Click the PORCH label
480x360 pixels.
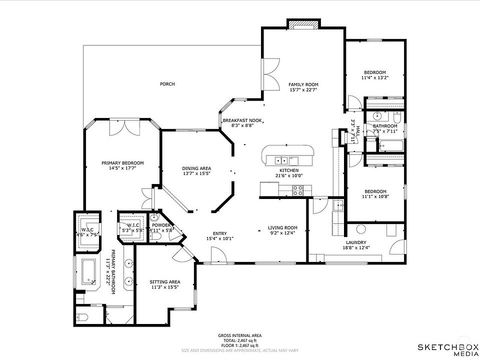point(167,84)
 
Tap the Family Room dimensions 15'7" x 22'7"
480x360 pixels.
point(303,90)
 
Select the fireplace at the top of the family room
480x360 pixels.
point(303,24)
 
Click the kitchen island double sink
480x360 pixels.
point(281,160)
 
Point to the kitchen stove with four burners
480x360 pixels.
point(298,190)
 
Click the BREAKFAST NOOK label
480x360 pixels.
point(242,120)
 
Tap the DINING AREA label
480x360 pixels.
point(196,168)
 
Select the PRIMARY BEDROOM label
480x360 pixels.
point(122,163)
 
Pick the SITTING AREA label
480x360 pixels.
point(164,282)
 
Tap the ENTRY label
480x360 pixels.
point(220,233)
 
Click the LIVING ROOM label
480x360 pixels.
point(282,228)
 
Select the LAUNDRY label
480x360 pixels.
point(356,242)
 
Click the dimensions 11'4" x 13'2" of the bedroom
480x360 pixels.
point(375,78)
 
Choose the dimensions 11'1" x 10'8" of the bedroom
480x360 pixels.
point(375,197)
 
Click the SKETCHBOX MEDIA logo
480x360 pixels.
point(448,350)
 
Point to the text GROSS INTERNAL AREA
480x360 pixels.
point(239,335)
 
